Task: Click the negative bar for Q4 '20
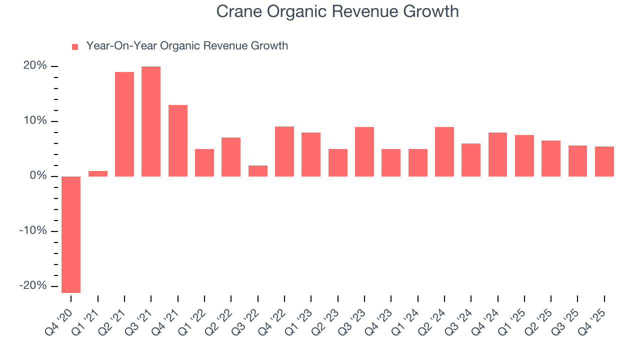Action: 71,234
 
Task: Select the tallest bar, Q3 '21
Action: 151,121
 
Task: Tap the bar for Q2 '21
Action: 124,124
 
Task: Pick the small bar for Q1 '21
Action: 98,173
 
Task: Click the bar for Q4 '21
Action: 178,140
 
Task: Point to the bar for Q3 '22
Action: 258,171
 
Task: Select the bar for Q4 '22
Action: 284,151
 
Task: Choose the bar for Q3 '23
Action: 364,151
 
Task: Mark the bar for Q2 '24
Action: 444,151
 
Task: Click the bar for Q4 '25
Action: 604,161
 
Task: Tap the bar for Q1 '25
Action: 524,155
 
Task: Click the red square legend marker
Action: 75,47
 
